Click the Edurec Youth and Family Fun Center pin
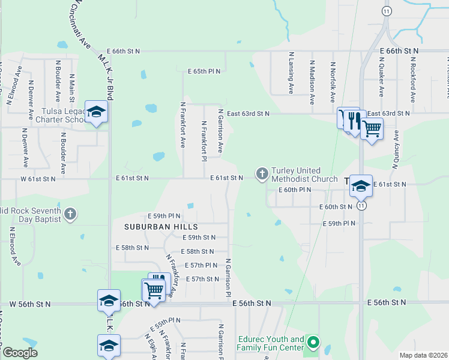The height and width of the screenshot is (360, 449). point(312,343)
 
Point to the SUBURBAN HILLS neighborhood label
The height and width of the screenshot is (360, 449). point(161,227)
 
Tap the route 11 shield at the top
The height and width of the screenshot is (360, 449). point(387,11)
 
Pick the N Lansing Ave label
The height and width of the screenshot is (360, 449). point(291,73)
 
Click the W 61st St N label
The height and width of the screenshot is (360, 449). point(38,179)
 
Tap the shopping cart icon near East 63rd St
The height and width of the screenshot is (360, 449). point(372,128)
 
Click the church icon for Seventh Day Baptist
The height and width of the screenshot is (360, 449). point(70,214)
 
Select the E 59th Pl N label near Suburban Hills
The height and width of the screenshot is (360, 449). point(164,216)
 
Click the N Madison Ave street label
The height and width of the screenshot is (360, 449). point(312,83)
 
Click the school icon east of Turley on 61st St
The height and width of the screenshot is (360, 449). point(361,186)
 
